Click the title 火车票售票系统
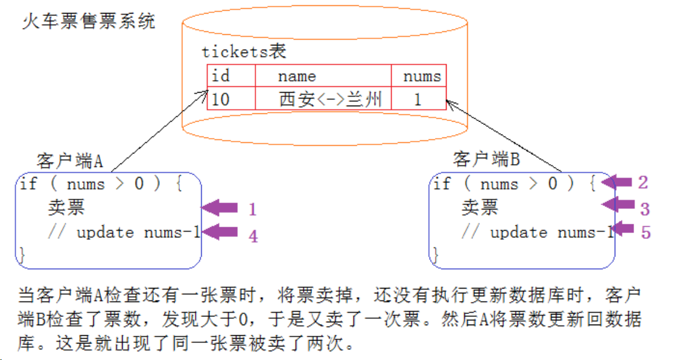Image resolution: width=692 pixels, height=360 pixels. coord(88,22)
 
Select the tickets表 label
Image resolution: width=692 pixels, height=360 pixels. coord(244,51)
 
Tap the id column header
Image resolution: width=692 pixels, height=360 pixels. coord(221,76)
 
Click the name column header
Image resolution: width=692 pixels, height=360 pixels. coord(297,76)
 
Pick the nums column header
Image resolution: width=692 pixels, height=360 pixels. coord(422,76)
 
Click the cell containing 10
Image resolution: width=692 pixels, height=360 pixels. coord(221,99)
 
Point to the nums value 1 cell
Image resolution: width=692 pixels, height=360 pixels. coord(418,99)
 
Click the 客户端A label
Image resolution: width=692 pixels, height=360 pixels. coord(70,161)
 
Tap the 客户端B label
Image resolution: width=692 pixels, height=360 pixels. coord(486,159)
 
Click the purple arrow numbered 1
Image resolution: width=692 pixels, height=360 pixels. coord(219,208)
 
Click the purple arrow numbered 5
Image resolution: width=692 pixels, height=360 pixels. coord(623,230)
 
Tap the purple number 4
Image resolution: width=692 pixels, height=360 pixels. coord(253,237)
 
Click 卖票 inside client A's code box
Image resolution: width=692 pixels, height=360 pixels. coord(67,207)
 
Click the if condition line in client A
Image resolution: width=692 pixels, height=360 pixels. coord(101,184)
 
